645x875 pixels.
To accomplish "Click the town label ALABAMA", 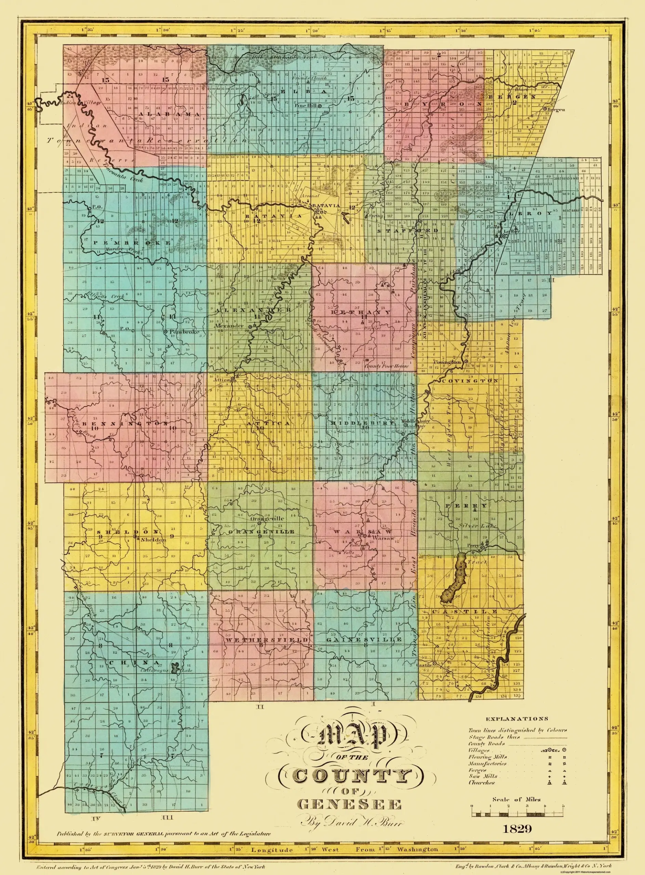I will tap(169, 114).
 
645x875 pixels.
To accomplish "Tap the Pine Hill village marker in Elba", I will tap(319, 106).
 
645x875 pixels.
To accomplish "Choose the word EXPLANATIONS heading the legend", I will tap(517, 718).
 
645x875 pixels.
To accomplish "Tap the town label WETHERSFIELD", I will tap(267, 640).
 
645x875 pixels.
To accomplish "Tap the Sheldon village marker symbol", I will tap(135, 537).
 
